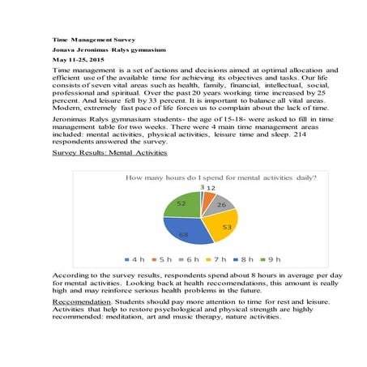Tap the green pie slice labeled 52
pos(180,203)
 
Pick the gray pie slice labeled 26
pos(220,203)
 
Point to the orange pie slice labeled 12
pos(209,195)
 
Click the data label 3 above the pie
pos(201,186)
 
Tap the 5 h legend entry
pos(162,258)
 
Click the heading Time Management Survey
pos(93,38)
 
